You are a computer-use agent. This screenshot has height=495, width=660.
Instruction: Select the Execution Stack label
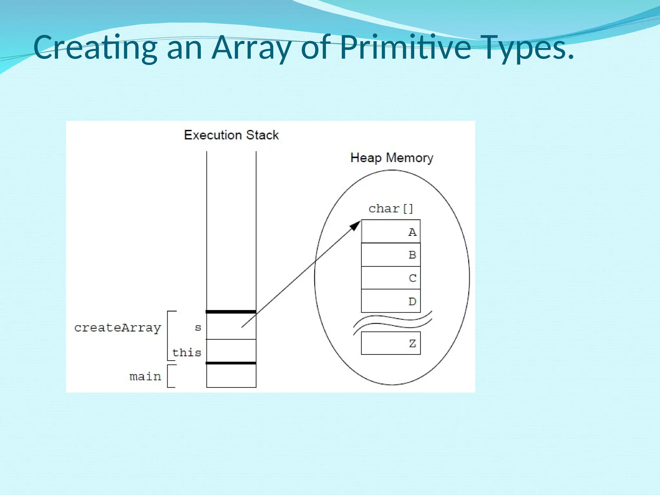pos(231,135)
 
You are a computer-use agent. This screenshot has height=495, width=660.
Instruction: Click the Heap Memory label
pos(392,158)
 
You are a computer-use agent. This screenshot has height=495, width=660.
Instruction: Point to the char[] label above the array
pos(391,209)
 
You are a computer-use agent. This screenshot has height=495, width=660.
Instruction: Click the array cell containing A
pos(391,231)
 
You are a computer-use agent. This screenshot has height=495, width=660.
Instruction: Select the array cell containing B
pos(391,255)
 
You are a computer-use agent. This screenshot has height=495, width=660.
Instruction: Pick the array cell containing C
pos(391,278)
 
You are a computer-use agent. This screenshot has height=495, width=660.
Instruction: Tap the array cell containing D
pos(391,301)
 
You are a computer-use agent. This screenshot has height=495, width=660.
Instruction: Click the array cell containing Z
pos(391,343)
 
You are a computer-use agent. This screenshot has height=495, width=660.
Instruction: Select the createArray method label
pos(118,328)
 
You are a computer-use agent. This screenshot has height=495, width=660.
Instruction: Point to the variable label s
pos(198,328)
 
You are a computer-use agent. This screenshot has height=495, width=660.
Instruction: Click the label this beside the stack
pos(187,352)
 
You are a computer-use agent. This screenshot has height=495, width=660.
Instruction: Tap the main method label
pos(145,376)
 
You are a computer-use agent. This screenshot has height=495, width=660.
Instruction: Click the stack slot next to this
pos(231,351)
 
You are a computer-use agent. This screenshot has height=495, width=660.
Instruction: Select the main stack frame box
pos(231,376)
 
